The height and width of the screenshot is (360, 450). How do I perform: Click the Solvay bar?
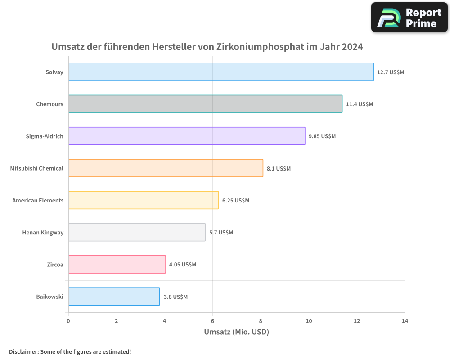pyautogui.click(x=220, y=72)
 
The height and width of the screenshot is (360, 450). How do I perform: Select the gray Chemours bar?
pyautogui.click(x=205, y=104)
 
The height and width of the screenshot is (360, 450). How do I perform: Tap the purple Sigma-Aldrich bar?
pyautogui.click(x=187, y=136)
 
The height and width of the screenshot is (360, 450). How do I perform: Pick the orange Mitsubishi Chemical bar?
pyautogui.click(x=166, y=168)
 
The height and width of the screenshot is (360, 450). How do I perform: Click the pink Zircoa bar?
pyautogui.click(x=117, y=265)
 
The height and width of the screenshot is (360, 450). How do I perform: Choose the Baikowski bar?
pyautogui.click(x=114, y=297)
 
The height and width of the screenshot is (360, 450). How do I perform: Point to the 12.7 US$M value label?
pyautogui.click(x=390, y=72)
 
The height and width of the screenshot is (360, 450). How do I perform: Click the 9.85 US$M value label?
pyautogui.click(x=322, y=136)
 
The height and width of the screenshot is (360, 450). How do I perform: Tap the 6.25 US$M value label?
pyautogui.click(x=235, y=200)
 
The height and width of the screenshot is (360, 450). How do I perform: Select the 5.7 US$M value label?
pyautogui.click(x=221, y=233)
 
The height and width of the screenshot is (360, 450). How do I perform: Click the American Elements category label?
pyautogui.click(x=38, y=200)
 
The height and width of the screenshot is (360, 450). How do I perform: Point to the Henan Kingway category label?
pyautogui.click(x=43, y=233)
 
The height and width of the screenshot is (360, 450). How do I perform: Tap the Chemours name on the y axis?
pyautogui.click(x=49, y=104)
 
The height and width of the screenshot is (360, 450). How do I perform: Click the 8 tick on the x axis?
pyautogui.click(x=261, y=321)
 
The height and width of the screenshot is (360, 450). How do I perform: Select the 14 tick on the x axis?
pyautogui.click(x=405, y=321)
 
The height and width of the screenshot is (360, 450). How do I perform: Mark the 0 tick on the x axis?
pyautogui.click(x=68, y=321)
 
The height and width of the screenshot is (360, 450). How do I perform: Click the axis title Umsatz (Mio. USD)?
pyautogui.click(x=236, y=332)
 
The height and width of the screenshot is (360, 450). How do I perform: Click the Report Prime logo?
pyautogui.click(x=409, y=18)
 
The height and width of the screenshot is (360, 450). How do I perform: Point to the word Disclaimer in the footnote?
pyautogui.click(x=23, y=351)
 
